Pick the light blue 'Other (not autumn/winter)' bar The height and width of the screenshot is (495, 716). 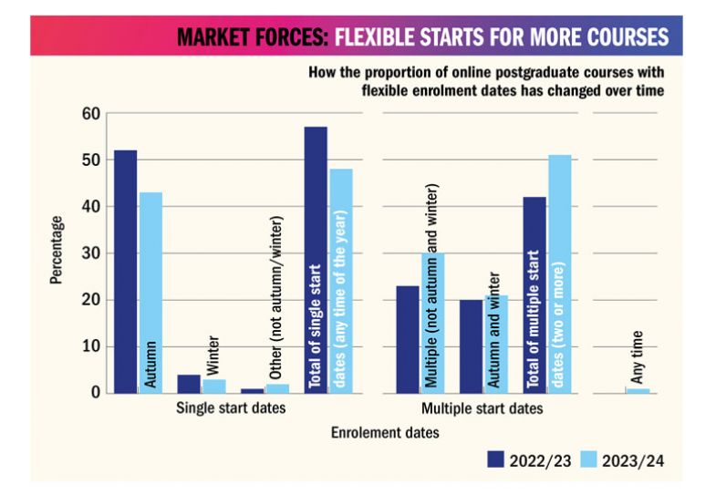tap(276, 388)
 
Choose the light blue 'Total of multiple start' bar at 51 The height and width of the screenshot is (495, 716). tap(558, 273)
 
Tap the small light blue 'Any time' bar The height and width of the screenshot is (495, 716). tap(638, 390)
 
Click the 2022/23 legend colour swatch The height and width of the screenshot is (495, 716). tap(498, 459)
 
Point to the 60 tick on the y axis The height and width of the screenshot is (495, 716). tap(88, 114)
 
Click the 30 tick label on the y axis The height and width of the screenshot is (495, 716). tap(88, 253)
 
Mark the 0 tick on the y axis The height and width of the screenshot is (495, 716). tap(92, 393)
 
